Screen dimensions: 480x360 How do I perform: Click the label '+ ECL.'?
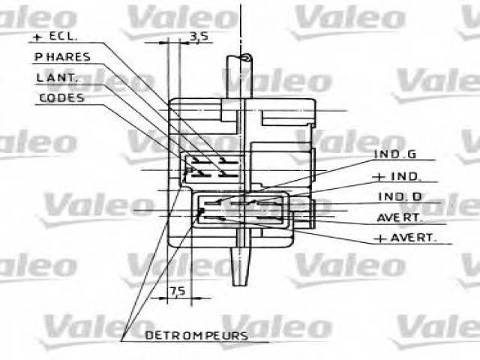click(55, 37)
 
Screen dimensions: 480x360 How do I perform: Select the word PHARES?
click(62, 57)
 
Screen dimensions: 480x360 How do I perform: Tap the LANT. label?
click(57, 77)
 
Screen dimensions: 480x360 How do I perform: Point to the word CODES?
click(61, 98)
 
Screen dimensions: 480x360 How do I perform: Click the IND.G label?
click(395, 154)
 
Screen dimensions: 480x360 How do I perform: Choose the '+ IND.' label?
click(397, 177)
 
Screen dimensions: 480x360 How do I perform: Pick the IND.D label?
click(400, 196)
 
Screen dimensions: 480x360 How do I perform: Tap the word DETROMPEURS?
click(196, 336)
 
